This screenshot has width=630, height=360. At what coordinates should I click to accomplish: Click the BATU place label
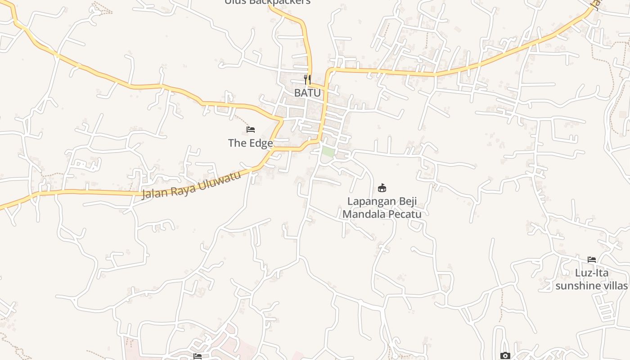click(x=307, y=93)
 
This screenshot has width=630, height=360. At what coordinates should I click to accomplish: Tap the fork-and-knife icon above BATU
click(x=307, y=80)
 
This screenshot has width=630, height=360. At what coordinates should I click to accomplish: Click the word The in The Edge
click(x=238, y=143)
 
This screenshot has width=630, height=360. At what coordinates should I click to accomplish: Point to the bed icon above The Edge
click(x=251, y=130)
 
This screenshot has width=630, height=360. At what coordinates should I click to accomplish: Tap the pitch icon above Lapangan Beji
click(x=382, y=188)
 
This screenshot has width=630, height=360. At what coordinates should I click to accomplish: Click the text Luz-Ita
click(x=592, y=273)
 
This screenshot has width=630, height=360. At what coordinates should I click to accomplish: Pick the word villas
click(x=616, y=286)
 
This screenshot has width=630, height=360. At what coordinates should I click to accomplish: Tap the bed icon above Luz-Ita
click(x=592, y=260)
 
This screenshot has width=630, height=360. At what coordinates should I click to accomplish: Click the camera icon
click(x=505, y=356)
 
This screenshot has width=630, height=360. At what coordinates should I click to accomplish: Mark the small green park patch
click(x=328, y=152)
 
